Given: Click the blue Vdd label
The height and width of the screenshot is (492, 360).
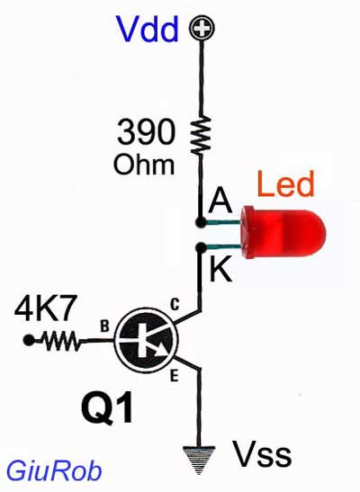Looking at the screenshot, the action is [148, 29].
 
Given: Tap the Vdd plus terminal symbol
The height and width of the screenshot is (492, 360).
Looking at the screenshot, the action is [202, 28].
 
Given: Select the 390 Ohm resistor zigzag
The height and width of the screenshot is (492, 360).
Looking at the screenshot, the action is [201, 135].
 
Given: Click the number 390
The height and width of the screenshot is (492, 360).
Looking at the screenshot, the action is [146, 132].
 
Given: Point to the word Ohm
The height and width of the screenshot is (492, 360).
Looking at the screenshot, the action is [144, 164].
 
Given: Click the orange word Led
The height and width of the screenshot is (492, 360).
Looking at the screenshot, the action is [285, 183].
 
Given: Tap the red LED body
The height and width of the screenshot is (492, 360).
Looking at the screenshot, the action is [283, 232].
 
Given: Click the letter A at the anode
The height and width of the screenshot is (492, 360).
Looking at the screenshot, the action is [220, 201].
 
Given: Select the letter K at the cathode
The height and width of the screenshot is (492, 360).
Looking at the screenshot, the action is [221, 269].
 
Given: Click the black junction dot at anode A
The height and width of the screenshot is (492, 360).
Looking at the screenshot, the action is [201, 222].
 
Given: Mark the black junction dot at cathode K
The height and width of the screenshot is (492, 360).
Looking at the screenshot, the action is [201, 248].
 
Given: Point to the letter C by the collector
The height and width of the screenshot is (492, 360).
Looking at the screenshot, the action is [175, 304].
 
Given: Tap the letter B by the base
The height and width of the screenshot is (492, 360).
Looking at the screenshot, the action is [104, 326].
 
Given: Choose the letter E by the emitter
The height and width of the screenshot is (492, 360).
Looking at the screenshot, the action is [175, 376].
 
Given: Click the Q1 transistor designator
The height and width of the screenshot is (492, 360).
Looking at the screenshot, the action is [107, 408].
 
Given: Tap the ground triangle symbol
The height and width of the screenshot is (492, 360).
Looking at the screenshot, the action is [199, 460].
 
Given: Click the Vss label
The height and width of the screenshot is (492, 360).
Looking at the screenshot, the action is [262, 454].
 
